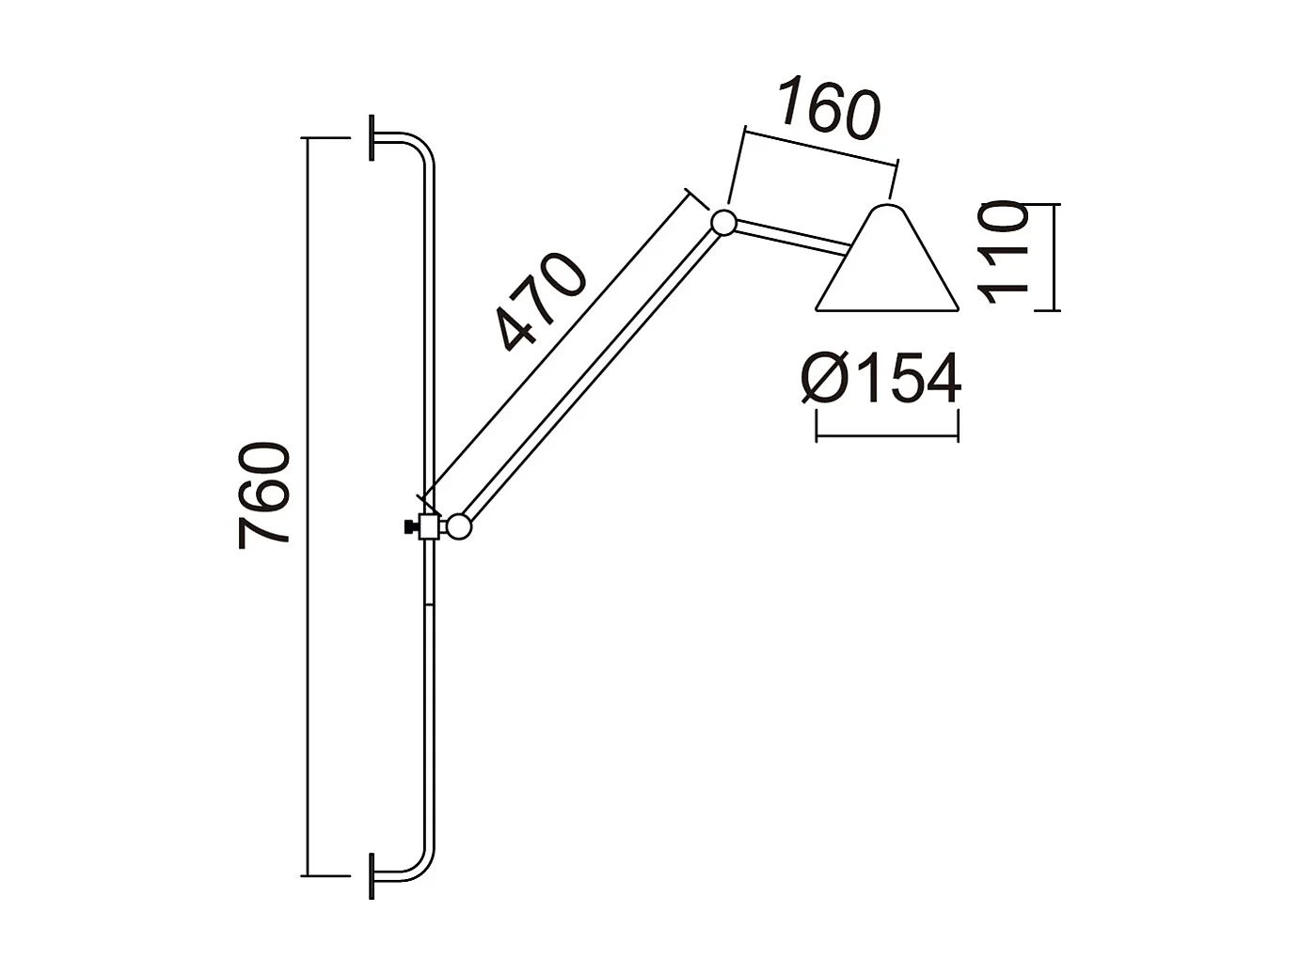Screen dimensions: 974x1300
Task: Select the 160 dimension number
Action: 827,110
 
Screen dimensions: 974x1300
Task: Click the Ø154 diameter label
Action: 882,379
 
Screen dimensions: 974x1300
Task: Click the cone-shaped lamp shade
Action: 886,265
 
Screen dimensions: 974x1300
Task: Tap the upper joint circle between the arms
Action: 723,223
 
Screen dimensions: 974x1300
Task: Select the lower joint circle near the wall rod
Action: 458,526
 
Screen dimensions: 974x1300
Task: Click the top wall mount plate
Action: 373,138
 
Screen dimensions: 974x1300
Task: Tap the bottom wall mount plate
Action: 373,876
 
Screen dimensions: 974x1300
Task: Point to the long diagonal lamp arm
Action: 591,376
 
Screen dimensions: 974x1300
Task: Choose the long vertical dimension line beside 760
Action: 307,508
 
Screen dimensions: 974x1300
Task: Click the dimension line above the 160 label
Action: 819,145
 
